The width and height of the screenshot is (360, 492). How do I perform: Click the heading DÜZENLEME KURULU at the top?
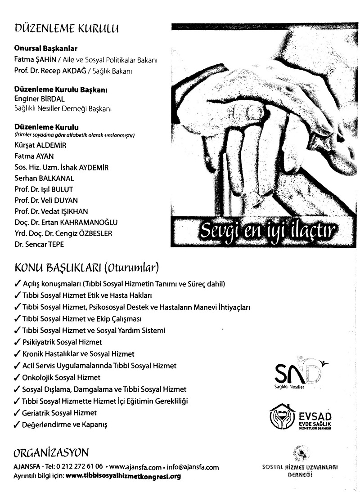tap(67, 30)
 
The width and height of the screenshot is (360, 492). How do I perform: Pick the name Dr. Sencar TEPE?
tap(39, 244)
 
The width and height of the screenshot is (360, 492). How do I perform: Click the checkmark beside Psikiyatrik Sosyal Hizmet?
tap(17, 342)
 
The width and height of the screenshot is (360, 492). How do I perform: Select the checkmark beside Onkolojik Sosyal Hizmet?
tap(17, 377)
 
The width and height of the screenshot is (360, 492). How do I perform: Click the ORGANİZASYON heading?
tap(51, 452)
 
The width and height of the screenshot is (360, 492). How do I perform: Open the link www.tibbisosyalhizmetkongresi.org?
tap(123, 476)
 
